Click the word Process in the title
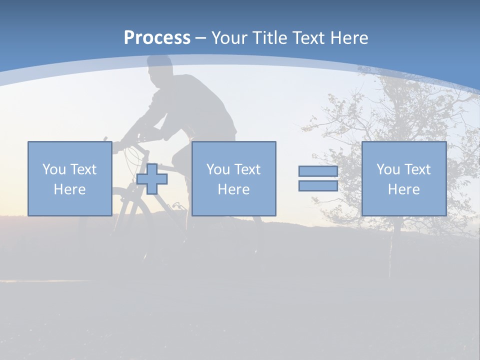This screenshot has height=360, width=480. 157,38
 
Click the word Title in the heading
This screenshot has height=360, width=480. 270,38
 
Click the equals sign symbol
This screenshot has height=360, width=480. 318,178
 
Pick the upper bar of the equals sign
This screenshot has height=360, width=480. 318,171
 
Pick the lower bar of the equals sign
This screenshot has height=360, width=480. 318,185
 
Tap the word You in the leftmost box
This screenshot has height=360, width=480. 54,169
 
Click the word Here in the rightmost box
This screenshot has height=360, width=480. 403,189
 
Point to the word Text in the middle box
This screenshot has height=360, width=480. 247,169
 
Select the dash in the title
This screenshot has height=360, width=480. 200,38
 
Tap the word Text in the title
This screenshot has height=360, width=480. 308,38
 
